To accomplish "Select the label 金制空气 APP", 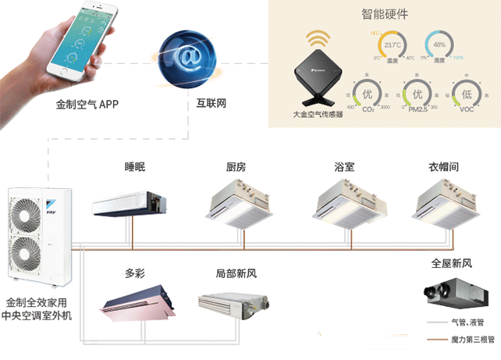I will tap(87, 103).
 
